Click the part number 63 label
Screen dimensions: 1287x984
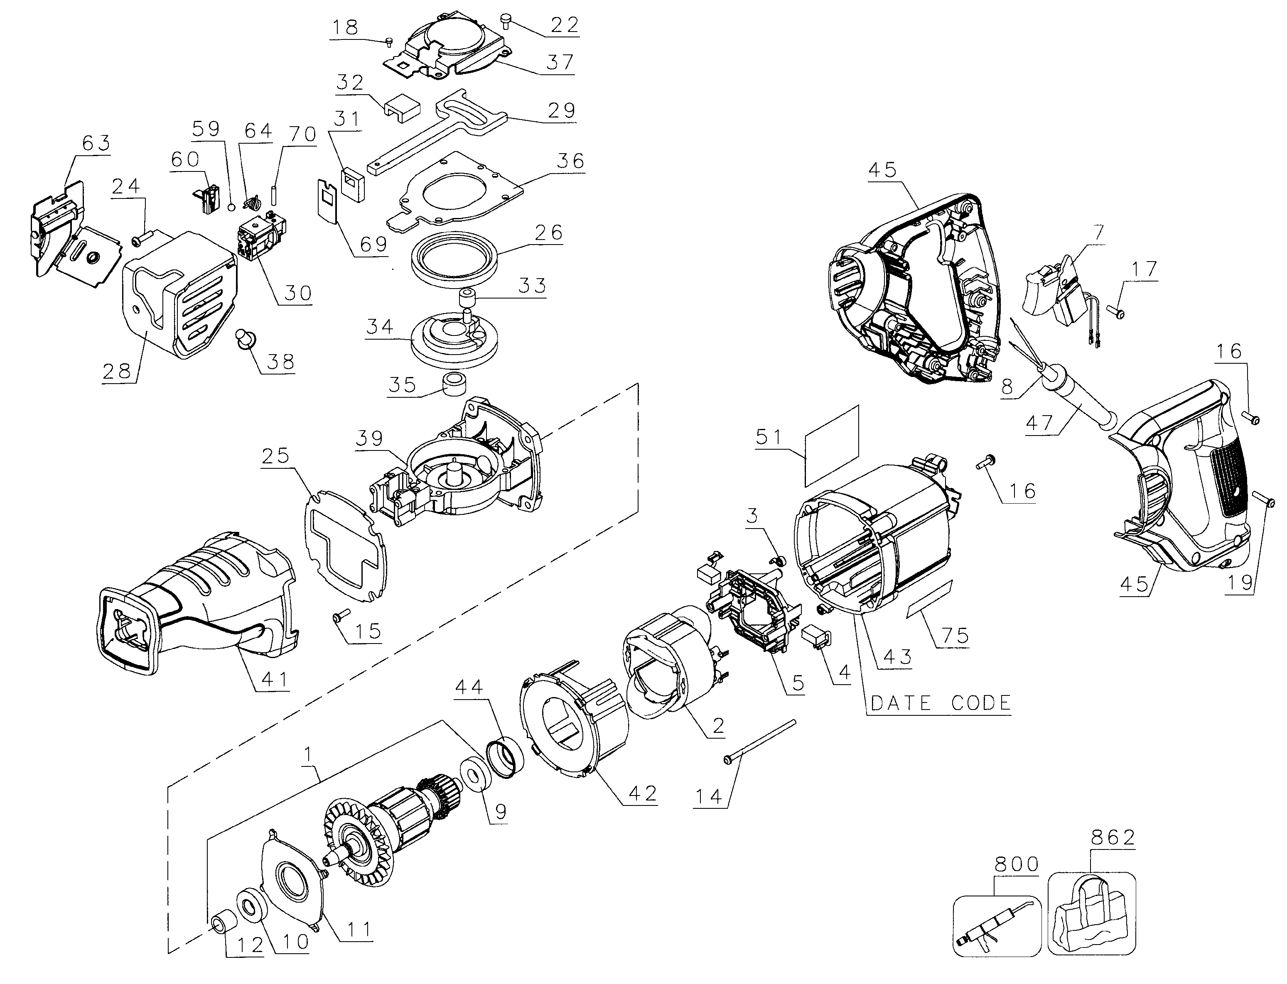pos(96,143)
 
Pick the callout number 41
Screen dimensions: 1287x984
pos(274,679)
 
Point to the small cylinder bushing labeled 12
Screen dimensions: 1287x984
pos(223,924)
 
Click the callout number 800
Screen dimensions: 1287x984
pos(1017,864)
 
